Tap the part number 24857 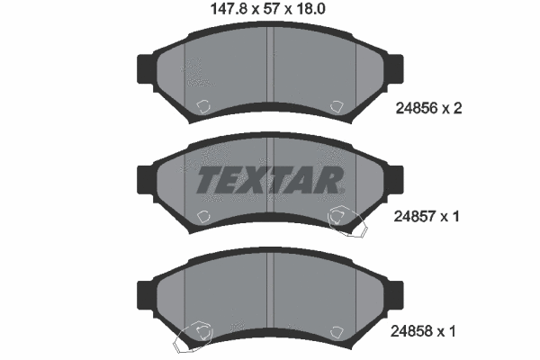pyautogui.click(x=416, y=217)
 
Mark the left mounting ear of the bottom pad pyautogui.click(x=145, y=292)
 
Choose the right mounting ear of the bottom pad pyautogui.click(x=395, y=292)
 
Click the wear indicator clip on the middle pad pyautogui.click(x=346, y=220)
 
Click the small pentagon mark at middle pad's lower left pyautogui.click(x=202, y=216)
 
